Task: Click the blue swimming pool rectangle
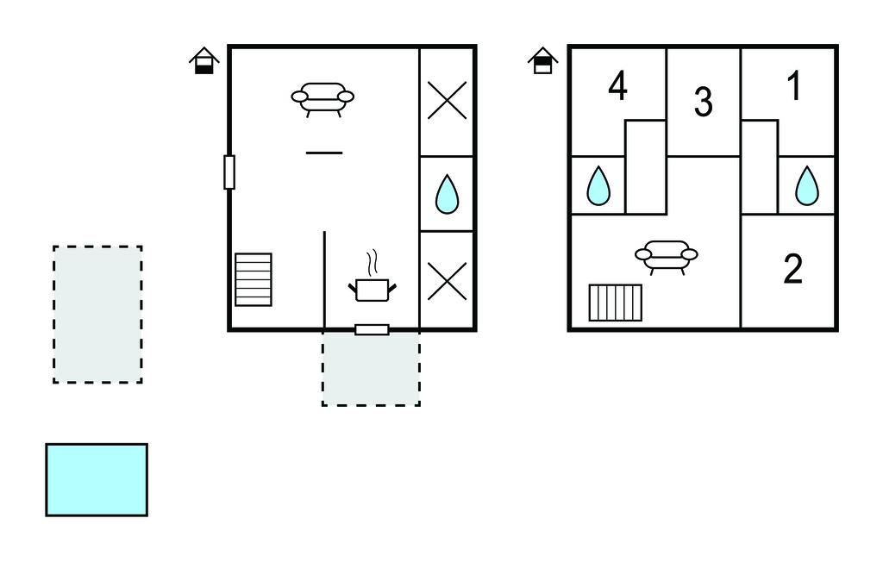(97, 479)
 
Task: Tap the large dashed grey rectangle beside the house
(97, 314)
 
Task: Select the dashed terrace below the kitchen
(371, 369)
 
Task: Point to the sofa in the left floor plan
(323, 97)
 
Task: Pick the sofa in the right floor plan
(666, 256)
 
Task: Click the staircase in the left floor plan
(254, 279)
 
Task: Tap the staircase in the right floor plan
(616, 303)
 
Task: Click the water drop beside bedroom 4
(598, 184)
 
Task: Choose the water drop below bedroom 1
(806, 184)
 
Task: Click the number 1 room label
(795, 86)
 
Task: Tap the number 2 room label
(792, 270)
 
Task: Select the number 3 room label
(703, 103)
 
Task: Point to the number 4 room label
(617, 86)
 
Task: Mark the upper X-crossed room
(447, 101)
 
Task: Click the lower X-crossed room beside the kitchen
(447, 280)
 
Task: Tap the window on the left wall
(229, 172)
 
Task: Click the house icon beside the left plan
(204, 61)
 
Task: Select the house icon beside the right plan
(542, 61)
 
